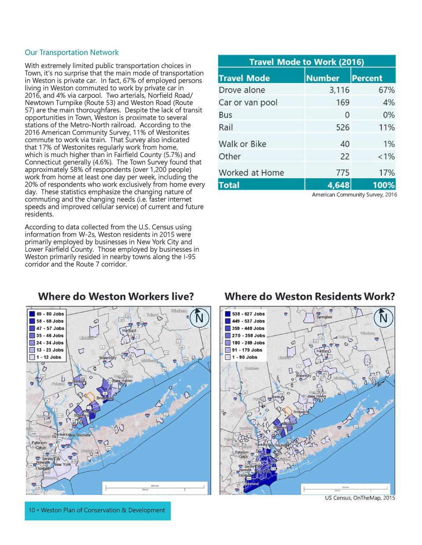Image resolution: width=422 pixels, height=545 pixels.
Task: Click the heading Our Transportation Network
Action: click(x=72, y=53)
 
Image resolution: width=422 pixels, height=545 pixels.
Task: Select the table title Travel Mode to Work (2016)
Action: click(x=306, y=62)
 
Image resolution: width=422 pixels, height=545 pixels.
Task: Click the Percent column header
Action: click(x=367, y=78)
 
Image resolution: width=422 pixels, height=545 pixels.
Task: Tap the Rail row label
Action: click(x=226, y=128)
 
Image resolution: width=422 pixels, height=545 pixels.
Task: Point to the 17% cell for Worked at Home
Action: click(x=386, y=173)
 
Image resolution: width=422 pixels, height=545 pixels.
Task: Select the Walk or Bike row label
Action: click(x=242, y=144)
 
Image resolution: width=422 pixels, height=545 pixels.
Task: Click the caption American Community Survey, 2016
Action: click(x=354, y=195)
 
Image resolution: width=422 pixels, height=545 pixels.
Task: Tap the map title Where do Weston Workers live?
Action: click(x=116, y=297)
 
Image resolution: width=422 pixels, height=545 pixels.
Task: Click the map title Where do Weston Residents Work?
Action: click(x=309, y=297)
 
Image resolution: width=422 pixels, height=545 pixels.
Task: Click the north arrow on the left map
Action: click(x=199, y=317)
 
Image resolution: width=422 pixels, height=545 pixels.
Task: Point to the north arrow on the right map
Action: click(x=383, y=317)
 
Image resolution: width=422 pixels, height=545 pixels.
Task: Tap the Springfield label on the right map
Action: click(x=324, y=317)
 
